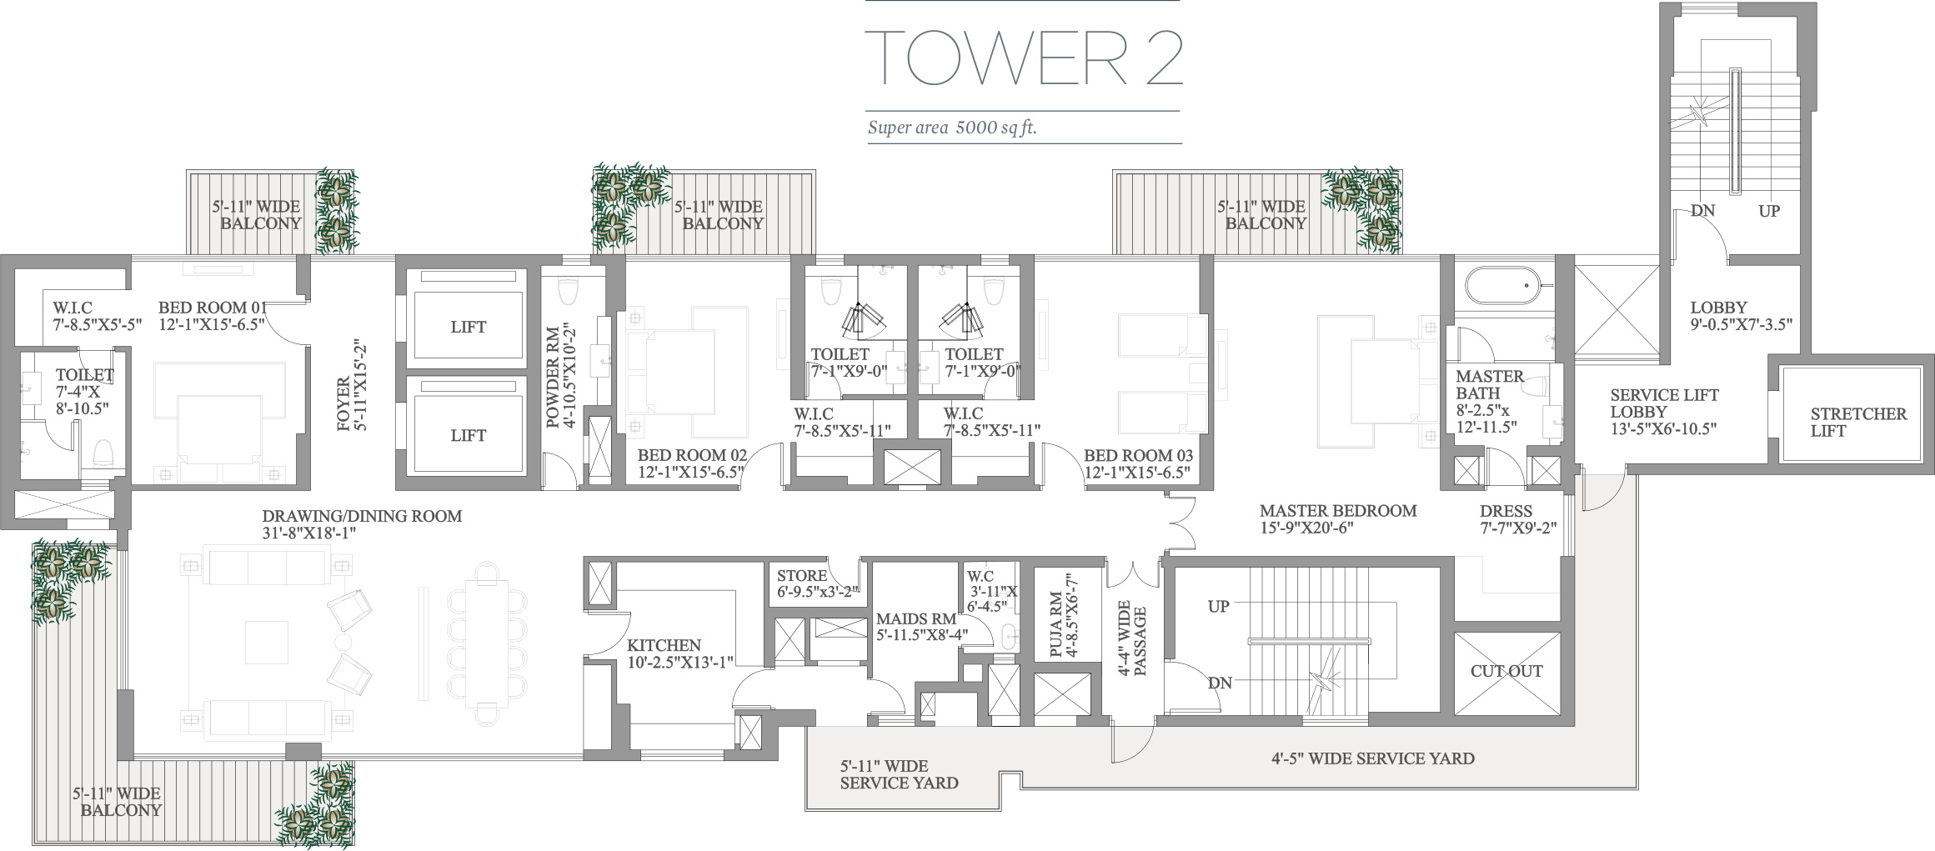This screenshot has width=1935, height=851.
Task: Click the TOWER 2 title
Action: [x=1024, y=57]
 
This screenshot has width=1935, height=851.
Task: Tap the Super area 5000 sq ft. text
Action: [x=952, y=128]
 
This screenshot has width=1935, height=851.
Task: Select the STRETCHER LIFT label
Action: [x=1858, y=422]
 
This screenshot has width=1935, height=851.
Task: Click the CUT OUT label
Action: [x=1506, y=671]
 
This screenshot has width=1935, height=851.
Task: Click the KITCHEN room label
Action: [x=664, y=645]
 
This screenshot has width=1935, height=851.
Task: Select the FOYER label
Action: [x=343, y=404]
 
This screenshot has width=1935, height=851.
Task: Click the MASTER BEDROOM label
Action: [x=1338, y=511]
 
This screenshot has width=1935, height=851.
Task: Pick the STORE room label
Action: [x=802, y=576]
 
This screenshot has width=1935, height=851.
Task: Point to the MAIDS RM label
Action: [x=916, y=619]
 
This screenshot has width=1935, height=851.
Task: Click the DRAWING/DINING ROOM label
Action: [x=362, y=516]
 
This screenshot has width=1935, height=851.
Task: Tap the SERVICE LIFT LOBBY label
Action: [x=1664, y=403]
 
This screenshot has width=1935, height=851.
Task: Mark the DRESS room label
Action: [x=1506, y=511]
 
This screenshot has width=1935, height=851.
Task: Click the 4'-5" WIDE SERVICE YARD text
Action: [x=1372, y=758]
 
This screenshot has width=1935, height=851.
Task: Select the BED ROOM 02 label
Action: [x=692, y=455]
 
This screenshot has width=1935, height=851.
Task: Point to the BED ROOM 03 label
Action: [x=1138, y=455]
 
